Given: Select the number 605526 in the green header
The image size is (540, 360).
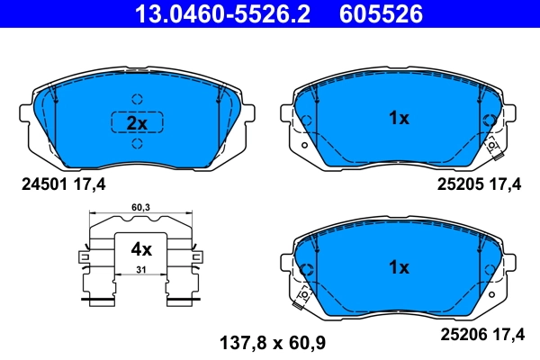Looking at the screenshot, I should click(379, 13).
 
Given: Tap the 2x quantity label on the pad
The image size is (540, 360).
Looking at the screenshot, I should click(136, 122).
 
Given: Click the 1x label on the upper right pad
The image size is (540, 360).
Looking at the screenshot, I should click(398, 118).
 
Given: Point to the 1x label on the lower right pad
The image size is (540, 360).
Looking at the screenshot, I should click(398, 267).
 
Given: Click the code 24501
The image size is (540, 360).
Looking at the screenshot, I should click(41, 184).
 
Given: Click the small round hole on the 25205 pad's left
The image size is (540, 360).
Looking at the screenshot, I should click(304, 144).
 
